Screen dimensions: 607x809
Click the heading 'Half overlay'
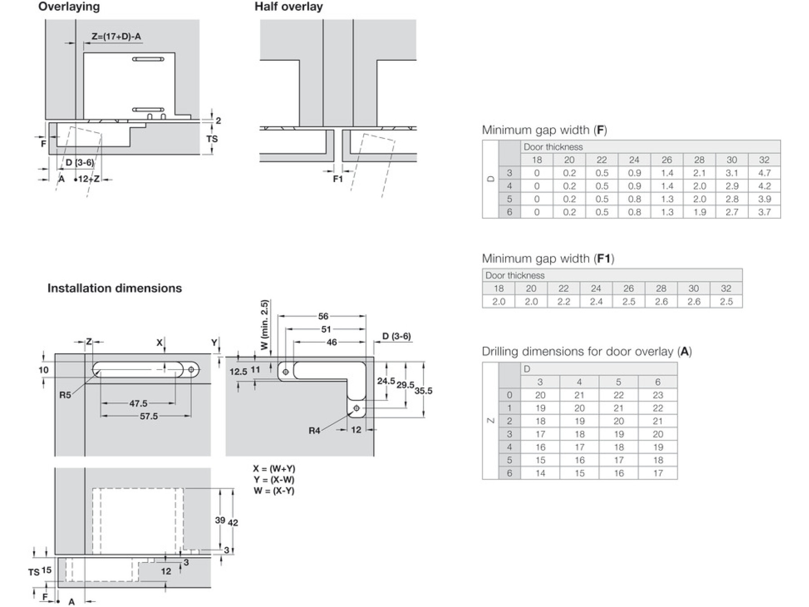(289, 7)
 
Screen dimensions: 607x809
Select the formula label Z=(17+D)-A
(116, 36)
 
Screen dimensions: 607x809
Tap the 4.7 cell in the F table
(764, 173)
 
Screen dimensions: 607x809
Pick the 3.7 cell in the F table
(764, 212)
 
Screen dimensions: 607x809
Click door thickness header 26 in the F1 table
(628, 288)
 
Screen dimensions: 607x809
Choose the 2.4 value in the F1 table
(596, 301)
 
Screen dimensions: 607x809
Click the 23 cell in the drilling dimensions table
(658, 395)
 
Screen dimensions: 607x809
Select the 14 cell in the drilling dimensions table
(540, 473)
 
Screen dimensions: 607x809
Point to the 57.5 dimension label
(149, 416)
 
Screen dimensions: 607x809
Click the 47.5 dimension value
(138, 403)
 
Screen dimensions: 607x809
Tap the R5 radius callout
(65, 396)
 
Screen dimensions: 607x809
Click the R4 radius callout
(315, 431)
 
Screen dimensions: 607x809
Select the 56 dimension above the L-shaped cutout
(323, 316)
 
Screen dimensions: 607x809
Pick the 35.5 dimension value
(423, 391)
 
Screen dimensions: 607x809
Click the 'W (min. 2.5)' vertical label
(264, 325)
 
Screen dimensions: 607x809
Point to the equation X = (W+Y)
(274, 469)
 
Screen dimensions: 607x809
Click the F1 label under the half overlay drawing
(338, 179)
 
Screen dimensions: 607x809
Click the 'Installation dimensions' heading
(115, 288)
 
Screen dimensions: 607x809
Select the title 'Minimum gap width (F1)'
(548, 259)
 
